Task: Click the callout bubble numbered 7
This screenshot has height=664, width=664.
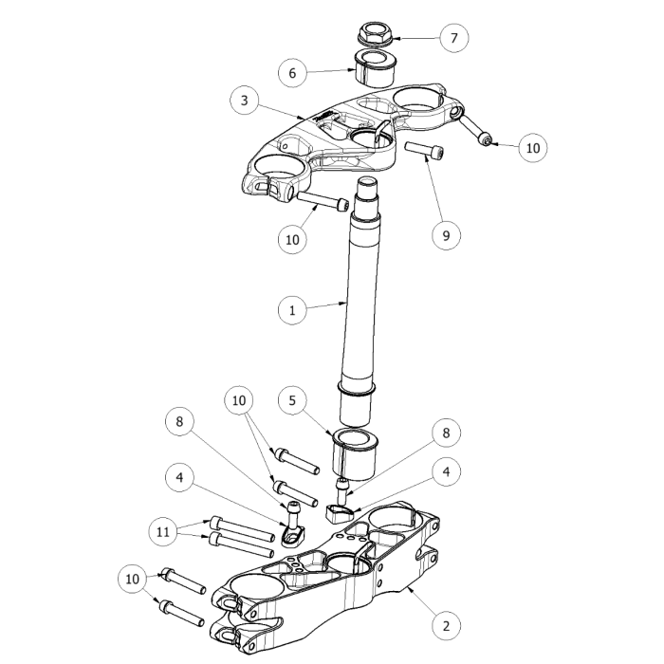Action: pyautogui.click(x=454, y=38)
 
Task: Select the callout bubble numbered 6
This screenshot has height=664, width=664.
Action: pyautogui.click(x=292, y=73)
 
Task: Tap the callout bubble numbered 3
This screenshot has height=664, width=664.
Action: pyautogui.click(x=245, y=101)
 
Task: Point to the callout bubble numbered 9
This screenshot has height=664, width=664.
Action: pyautogui.click(x=446, y=235)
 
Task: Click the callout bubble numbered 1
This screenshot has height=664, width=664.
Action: pyautogui.click(x=292, y=310)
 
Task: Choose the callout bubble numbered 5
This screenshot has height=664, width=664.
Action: pyautogui.click(x=292, y=400)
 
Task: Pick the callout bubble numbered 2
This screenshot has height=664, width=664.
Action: pyautogui.click(x=446, y=626)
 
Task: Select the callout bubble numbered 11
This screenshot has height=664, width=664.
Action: pyautogui.click(x=163, y=532)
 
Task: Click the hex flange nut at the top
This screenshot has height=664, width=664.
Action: pyautogui.click(x=376, y=35)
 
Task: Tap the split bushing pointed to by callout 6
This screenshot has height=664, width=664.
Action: pyautogui.click(x=375, y=68)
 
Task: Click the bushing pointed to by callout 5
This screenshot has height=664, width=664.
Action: pyautogui.click(x=354, y=454)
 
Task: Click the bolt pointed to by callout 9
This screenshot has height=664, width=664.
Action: pyautogui.click(x=424, y=151)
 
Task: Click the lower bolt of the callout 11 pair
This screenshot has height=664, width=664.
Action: pyautogui.click(x=241, y=545)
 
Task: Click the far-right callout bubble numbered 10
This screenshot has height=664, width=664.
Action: pyautogui.click(x=533, y=148)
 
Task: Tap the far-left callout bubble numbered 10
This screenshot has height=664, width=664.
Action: pyautogui.click(x=133, y=579)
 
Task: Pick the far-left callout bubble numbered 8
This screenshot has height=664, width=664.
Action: pyautogui.click(x=179, y=422)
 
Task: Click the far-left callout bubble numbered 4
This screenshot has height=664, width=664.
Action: pyautogui.click(x=179, y=478)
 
